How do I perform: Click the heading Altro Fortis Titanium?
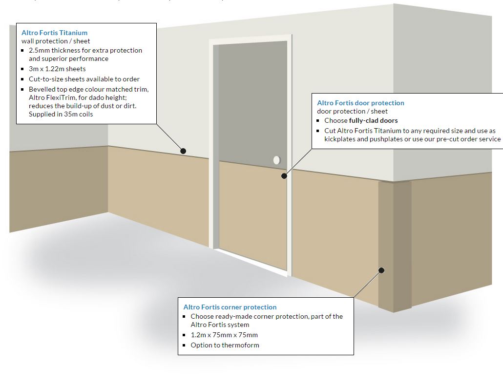pos(54,33)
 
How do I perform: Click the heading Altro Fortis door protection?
pos(360,103)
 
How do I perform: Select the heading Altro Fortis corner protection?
pos(230,307)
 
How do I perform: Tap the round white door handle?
pos(277,160)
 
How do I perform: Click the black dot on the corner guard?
pos(382,270)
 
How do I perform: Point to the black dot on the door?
pos(284,176)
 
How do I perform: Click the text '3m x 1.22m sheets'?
pos(57,69)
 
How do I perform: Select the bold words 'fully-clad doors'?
pos(374,120)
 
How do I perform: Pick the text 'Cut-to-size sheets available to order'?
pos(84,79)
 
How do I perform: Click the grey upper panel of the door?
pos(252,97)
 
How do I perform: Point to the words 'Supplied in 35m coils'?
pos(61,114)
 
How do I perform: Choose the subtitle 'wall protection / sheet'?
pos(56,41)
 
